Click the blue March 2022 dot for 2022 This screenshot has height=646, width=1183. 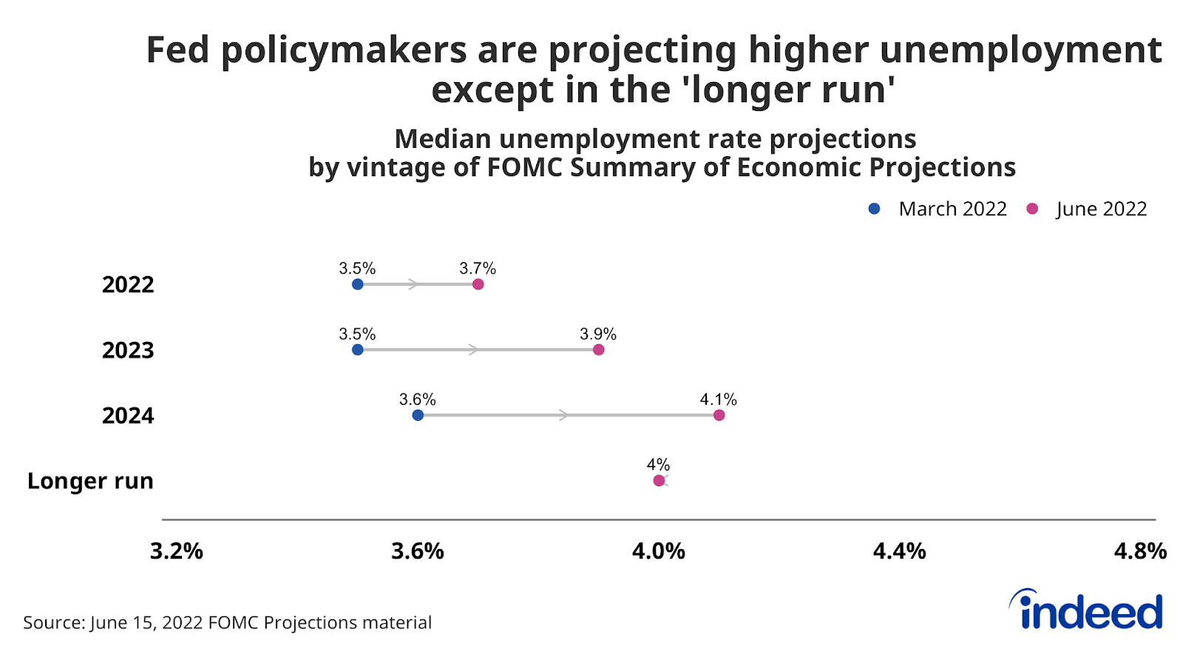[x=358, y=284]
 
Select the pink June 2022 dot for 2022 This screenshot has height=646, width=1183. [x=478, y=284]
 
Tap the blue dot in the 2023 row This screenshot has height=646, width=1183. [x=358, y=349]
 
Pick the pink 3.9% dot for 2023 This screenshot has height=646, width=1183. [x=598, y=349]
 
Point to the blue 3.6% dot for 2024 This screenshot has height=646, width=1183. [x=418, y=415]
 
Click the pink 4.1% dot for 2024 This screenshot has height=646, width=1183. [x=719, y=415]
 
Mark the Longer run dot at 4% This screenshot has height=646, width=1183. [x=659, y=480]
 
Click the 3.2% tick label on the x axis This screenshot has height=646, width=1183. [x=177, y=551]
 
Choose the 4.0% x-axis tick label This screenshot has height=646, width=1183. [x=658, y=551]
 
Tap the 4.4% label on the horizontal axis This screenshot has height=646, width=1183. [x=899, y=551]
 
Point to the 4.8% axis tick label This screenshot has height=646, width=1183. [x=1140, y=551]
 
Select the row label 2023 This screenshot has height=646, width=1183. [x=128, y=349]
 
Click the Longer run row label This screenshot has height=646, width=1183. [x=90, y=481]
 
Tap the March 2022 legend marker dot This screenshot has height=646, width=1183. [x=874, y=209]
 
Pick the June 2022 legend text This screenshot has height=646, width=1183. [x=1101, y=209]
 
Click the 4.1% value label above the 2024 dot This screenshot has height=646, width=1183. [x=718, y=400]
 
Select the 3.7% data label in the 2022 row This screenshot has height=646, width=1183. [x=478, y=269]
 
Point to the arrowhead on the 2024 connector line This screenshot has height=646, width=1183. [x=564, y=415]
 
